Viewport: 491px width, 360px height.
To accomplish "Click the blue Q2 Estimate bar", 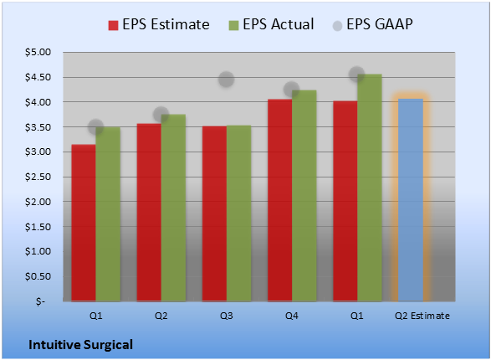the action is pos(411,200).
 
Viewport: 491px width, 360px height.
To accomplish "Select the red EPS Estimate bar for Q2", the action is pos(149,213).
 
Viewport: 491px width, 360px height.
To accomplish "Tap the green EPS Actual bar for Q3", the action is pos(239,213).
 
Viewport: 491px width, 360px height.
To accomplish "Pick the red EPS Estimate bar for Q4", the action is pos(279,200).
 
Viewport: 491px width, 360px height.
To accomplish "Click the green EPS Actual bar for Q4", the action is pos(304,196).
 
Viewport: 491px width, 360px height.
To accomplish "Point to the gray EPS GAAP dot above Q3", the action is pos(226,80).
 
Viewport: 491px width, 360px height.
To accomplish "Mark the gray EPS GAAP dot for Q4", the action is pos(292,90).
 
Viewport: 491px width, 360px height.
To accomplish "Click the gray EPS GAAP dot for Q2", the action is pos(161,115).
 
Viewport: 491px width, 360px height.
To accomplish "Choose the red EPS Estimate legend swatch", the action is pos(113,25).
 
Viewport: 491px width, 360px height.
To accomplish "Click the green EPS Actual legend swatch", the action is pos(233,25).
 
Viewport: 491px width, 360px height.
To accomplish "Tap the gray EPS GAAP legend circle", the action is pos(337,26).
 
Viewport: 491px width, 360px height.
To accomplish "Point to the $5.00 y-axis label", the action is pos(38,52).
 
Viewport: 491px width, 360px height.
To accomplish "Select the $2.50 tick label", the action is pos(38,177).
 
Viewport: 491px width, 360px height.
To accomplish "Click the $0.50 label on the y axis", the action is pos(38,276).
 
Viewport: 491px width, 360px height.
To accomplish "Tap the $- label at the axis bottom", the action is pos(40,301).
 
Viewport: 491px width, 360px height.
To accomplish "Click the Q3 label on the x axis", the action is pos(226,316).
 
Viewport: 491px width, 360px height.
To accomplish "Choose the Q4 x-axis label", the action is pos(292,316).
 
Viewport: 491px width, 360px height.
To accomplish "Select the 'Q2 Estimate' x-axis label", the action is pos(422,316).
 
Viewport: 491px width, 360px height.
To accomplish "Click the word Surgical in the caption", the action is pos(108,345).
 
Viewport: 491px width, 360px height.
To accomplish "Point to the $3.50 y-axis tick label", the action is pos(38,127).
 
